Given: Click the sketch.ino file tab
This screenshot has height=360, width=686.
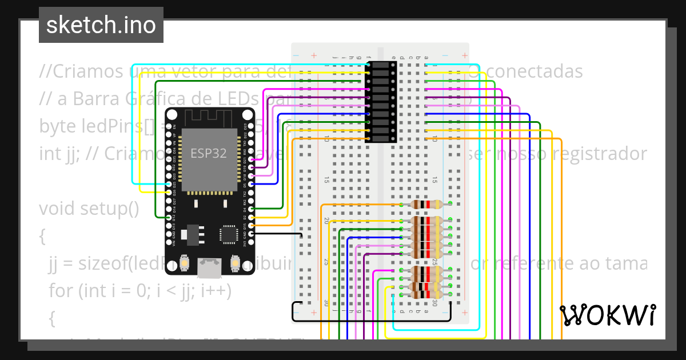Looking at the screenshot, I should (101, 25).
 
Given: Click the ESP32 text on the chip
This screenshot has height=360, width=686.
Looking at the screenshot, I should (208, 153).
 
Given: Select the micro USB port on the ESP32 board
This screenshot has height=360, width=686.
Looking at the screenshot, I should (209, 266).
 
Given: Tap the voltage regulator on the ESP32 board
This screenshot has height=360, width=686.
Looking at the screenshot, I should (189, 234).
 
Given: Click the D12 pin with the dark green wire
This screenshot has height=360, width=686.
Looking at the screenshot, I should (168, 217).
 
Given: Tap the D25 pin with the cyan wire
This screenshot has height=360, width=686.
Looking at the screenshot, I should (168, 184).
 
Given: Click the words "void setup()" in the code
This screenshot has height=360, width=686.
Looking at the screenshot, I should (89, 209).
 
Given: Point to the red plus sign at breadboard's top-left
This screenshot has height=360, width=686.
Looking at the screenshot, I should (313, 55).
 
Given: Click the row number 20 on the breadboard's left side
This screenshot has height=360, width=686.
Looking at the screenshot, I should (326, 220).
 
